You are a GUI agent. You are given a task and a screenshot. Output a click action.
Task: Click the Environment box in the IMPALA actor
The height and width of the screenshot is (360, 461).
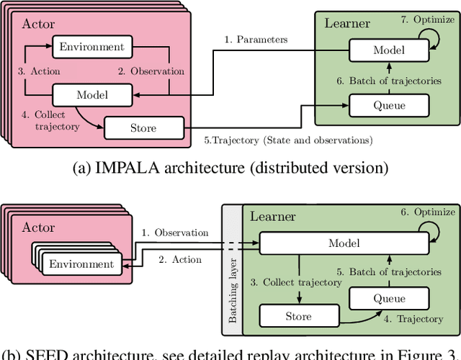91,48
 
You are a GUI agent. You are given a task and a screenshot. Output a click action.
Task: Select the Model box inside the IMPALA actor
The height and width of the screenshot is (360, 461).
91,95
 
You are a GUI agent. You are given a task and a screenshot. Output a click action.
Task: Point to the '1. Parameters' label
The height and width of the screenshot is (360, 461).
256,39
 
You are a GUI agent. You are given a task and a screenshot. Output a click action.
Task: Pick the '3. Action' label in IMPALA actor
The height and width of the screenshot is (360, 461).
38,71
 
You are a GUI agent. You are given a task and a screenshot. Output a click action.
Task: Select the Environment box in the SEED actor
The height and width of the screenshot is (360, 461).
81,264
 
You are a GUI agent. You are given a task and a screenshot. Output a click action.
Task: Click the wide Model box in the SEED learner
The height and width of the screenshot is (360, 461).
344,243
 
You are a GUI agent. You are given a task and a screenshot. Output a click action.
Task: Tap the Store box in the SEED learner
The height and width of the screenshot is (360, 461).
298,316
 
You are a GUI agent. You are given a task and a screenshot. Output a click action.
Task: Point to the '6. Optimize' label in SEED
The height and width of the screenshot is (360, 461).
428,212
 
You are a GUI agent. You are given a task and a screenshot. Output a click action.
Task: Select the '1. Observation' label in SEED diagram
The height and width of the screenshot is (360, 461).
175,233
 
